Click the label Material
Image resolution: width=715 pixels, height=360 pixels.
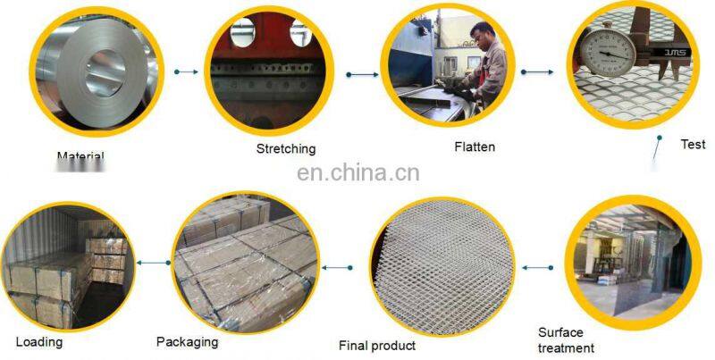(80, 157)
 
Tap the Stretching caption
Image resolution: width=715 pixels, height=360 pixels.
(285, 149)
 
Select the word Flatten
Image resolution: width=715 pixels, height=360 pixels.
(474, 147)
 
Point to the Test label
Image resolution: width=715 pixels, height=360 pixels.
(693, 144)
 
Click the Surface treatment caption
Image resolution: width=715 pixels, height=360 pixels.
(566, 340)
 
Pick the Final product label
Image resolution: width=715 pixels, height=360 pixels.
(377, 345)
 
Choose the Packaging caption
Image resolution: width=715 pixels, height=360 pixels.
(187, 340)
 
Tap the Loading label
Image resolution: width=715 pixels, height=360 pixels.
(39, 341)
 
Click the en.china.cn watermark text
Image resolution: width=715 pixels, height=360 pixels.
(357, 172)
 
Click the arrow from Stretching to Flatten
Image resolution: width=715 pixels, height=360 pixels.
(359, 75)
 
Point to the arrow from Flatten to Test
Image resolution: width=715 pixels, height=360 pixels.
(536, 71)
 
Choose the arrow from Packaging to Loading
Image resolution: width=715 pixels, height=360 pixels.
(156, 262)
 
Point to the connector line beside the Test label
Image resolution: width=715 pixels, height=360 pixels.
(657, 150)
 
